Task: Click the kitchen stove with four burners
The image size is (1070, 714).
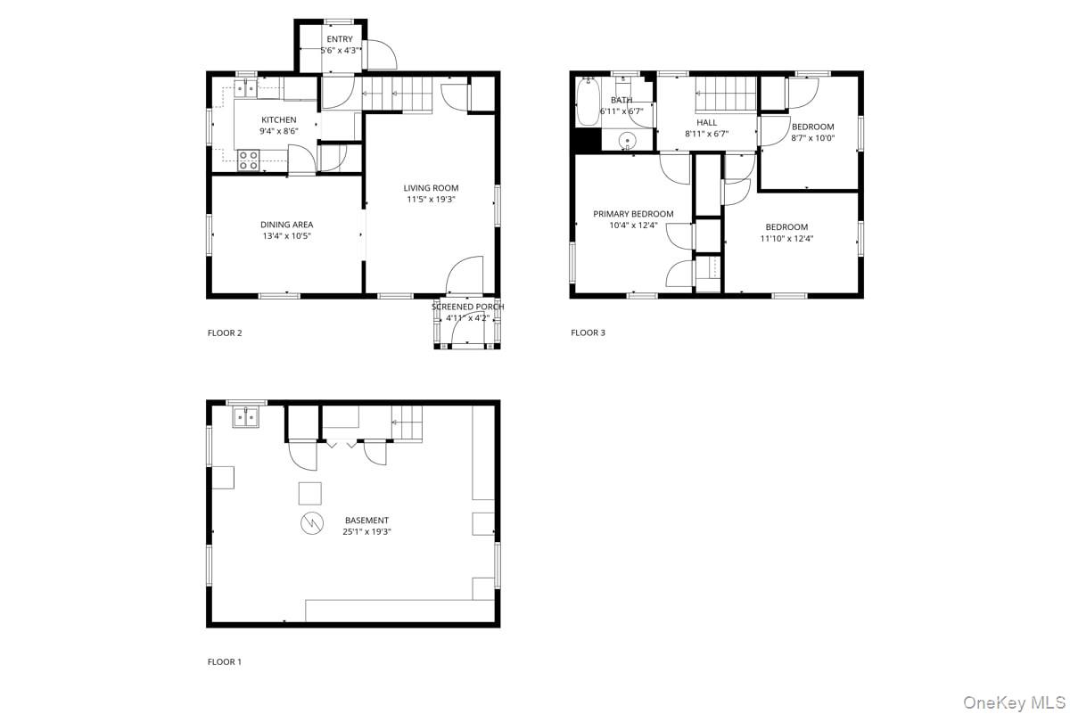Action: tap(249, 160)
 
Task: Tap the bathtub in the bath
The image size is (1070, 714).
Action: tap(588, 102)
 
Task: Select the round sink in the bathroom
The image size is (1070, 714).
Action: tap(627, 141)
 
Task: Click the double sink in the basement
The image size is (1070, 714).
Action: tap(245, 417)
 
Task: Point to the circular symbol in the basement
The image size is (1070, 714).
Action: tap(312, 523)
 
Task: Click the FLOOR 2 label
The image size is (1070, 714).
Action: tap(225, 332)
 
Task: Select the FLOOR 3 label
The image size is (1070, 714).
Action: tap(588, 332)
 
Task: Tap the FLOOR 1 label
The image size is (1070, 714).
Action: tap(225, 661)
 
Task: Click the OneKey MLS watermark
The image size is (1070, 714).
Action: tap(1014, 702)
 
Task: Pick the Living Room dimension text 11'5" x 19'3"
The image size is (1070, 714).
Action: tap(431, 199)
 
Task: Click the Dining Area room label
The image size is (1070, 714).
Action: tap(286, 225)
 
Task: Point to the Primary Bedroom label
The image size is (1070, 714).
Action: tap(633, 214)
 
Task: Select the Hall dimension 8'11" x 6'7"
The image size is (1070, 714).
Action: tap(706, 134)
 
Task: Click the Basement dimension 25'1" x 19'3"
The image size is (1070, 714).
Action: tap(366, 531)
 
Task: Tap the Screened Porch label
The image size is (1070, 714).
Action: tap(467, 307)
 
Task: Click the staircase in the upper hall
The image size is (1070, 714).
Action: tap(726, 94)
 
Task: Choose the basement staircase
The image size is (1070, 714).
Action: tap(407, 423)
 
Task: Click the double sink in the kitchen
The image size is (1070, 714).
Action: tap(245, 89)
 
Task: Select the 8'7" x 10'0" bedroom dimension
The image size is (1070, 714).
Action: tap(813, 138)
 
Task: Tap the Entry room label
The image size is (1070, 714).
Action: tap(340, 39)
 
